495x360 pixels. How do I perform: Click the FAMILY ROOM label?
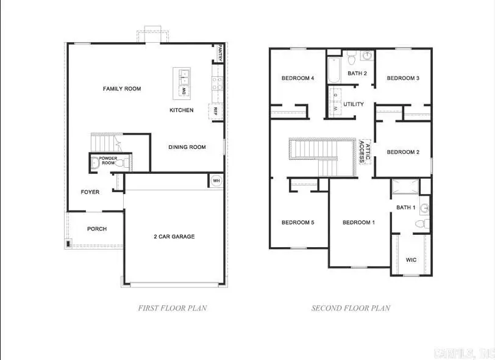tap(122, 89)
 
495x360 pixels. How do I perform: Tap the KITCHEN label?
tap(182, 110)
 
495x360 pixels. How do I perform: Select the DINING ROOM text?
tap(187, 147)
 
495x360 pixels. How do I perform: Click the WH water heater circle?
tap(216, 181)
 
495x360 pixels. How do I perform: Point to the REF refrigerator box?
tap(215, 112)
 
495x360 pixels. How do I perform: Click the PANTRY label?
tap(219, 54)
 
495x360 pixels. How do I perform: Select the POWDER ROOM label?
tap(109, 160)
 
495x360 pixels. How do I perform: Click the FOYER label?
tap(90, 192)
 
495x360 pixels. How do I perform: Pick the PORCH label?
tap(96, 229)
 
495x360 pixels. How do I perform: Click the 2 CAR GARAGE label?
tap(174, 237)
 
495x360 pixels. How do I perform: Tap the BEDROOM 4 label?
tap(297, 78)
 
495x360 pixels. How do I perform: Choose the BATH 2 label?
tap(357, 74)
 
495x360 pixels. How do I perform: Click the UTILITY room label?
tap(354, 104)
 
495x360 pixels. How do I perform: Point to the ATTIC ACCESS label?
tap(363, 151)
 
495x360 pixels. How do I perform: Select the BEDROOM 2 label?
tap(403, 153)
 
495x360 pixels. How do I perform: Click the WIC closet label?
tap(411, 260)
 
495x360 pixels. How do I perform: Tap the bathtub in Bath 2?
tap(333, 71)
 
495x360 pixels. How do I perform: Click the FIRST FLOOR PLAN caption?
tap(173, 308)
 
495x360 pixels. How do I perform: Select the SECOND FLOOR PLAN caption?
tap(351, 308)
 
